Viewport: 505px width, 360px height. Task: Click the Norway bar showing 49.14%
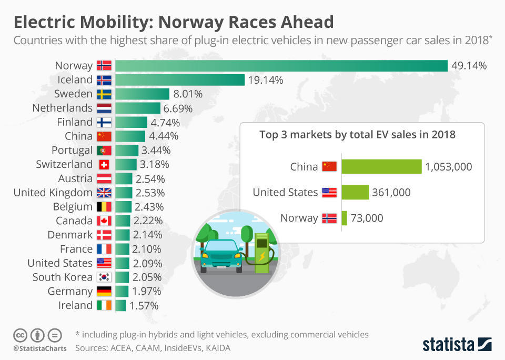tap(281, 66)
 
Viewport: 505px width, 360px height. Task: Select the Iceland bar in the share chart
tap(179, 80)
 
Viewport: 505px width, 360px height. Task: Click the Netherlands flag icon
tap(104, 108)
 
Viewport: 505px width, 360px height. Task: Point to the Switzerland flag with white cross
tap(104, 165)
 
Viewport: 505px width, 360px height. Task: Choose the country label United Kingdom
tap(53, 193)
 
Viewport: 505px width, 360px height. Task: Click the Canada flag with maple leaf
tap(104, 221)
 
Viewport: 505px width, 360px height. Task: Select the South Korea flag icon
tap(104, 277)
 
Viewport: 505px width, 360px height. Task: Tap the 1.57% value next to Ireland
tap(144, 306)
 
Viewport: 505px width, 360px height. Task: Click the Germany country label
tap(70, 292)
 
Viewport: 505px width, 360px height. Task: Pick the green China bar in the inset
tap(381, 167)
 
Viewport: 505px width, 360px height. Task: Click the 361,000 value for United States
tap(392, 193)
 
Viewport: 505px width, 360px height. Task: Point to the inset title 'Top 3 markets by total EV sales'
tap(357, 135)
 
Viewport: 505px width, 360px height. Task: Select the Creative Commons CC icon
tap(20, 335)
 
